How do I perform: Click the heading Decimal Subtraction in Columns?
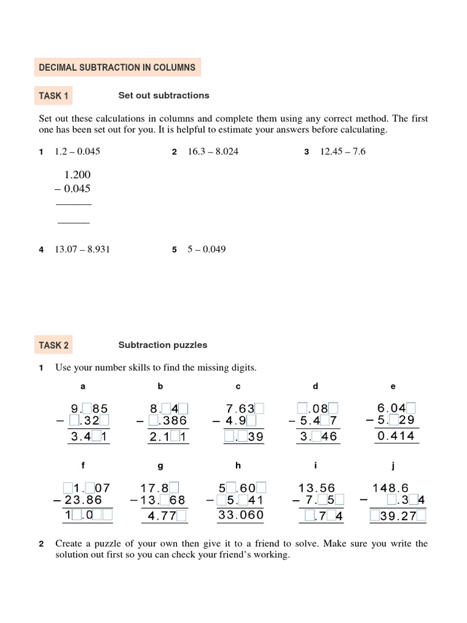click(117, 68)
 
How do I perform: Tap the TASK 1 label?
click(54, 96)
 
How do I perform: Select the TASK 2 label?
click(54, 345)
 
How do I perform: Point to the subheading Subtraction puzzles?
click(162, 345)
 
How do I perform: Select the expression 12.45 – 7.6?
click(342, 151)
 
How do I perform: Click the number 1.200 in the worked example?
click(77, 175)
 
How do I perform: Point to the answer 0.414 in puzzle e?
click(396, 436)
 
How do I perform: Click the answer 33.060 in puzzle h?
click(241, 515)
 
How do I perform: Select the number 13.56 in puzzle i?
click(317, 488)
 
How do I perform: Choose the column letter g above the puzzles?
click(161, 466)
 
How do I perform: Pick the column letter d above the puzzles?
click(316, 386)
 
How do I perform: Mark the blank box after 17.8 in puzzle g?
click(174, 487)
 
